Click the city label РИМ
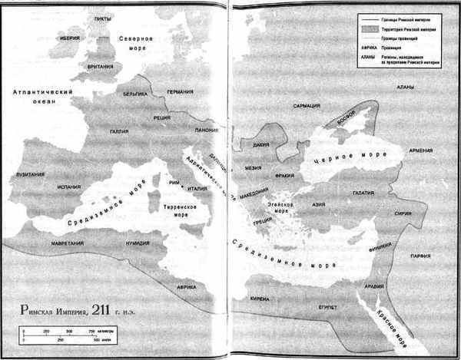174,182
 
